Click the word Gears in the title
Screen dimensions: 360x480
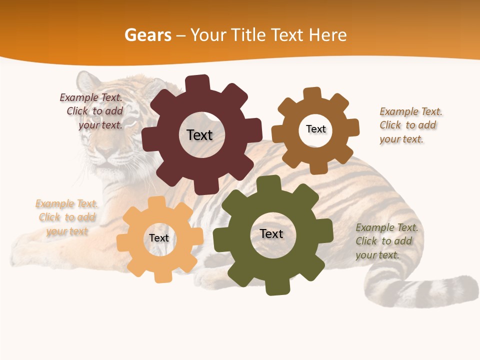click(x=147, y=35)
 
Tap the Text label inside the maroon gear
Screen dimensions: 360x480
click(x=199, y=135)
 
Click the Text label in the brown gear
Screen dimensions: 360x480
click(x=315, y=129)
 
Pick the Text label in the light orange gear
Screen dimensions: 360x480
click(x=159, y=238)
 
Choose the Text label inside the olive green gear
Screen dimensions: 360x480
click(x=271, y=233)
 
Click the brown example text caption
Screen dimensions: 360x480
click(x=410, y=125)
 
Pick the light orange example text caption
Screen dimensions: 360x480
click(x=66, y=217)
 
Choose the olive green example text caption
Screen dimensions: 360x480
click(x=386, y=241)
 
